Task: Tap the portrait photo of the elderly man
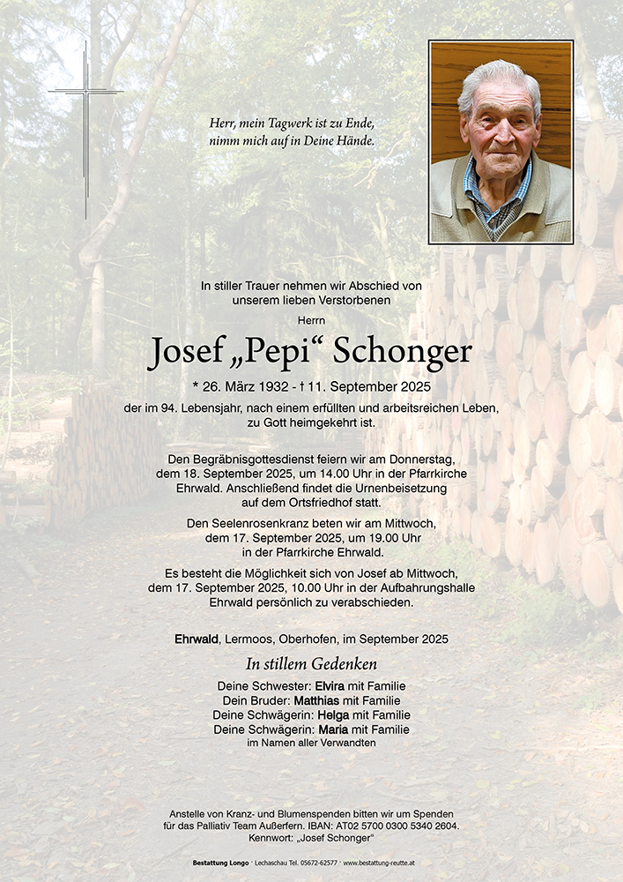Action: point(501,142)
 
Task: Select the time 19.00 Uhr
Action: point(375,538)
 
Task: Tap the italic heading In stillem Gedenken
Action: point(311,664)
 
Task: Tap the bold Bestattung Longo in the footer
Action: point(219,862)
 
